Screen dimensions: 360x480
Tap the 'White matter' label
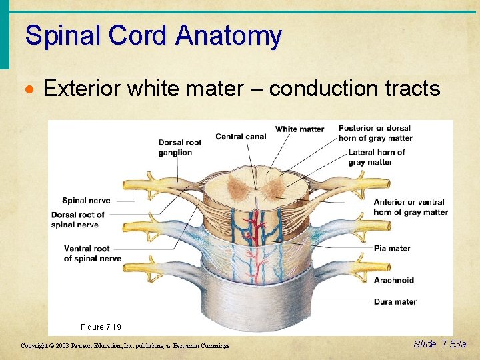coord(299,129)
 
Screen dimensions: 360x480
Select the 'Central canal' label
coord(241,137)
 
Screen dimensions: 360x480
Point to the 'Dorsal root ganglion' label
coord(179,147)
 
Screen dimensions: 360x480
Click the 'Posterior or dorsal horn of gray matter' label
coord(375,133)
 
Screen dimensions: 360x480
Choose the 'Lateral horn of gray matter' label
coord(376,157)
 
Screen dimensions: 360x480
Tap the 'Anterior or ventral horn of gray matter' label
coord(410,207)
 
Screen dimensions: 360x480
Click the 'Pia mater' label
coord(391,249)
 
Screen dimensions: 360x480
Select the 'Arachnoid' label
coord(393,281)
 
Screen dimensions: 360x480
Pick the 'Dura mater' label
coord(395,302)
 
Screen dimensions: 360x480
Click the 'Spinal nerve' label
coord(86,201)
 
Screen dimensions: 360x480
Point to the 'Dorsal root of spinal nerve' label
coord(77,220)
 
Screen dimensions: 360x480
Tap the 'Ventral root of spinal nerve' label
coord(92,253)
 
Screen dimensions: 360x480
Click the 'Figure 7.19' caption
coord(101,327)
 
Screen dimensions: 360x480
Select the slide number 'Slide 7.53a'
coord(440,344)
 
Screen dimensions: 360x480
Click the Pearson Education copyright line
coord(125,345)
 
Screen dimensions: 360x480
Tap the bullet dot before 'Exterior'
coord(31,89)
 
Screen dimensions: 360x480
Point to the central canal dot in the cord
coord(256,189)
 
